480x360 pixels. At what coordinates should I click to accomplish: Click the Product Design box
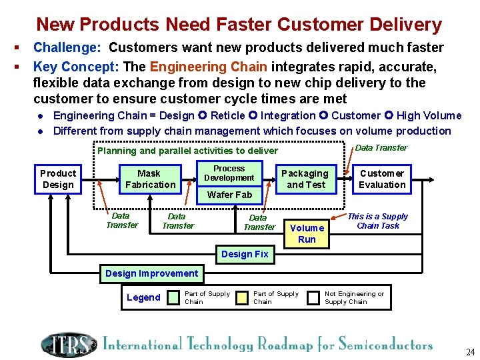(x=58, y=179)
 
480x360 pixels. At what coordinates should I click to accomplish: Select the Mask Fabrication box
(x=151, y=179)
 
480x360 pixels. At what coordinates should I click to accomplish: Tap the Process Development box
(x=229, y=173)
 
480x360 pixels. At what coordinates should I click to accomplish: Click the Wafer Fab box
(x=229, y=195)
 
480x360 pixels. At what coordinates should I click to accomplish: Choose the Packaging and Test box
(x=305, y=179)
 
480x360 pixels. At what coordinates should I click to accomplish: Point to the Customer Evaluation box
(x=382, y=179)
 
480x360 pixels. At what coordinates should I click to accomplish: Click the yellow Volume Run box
(x=307, y=233)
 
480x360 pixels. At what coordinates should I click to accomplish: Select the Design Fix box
(x=245, y=254)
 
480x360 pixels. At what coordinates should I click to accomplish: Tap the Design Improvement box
(x=152, y=273)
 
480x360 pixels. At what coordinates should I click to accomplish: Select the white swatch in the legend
(x=313, y=298)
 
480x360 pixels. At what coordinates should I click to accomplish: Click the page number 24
(x=470, y=351)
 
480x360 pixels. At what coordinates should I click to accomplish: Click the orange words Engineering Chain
(x=208, y=67)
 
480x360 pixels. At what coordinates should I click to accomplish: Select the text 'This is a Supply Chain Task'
(x=377, y=221)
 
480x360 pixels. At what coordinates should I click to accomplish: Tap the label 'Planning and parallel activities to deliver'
(x=187, y=151)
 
